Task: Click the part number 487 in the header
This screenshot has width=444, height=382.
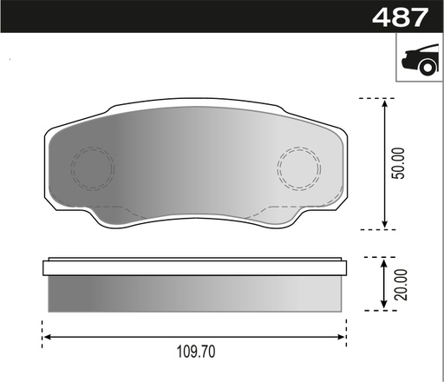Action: (x=401, y=16)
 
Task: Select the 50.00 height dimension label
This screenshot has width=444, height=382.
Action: (x=398, y=162)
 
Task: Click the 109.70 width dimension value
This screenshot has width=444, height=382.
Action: (x=194, y=353)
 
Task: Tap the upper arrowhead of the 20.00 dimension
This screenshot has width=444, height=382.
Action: (x=385, y=261)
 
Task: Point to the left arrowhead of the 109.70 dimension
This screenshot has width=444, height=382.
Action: (x=47, y=336)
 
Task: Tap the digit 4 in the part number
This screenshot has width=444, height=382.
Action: (x=381, y=16)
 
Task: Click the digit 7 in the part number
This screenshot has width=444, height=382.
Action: (x=421, y=16)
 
